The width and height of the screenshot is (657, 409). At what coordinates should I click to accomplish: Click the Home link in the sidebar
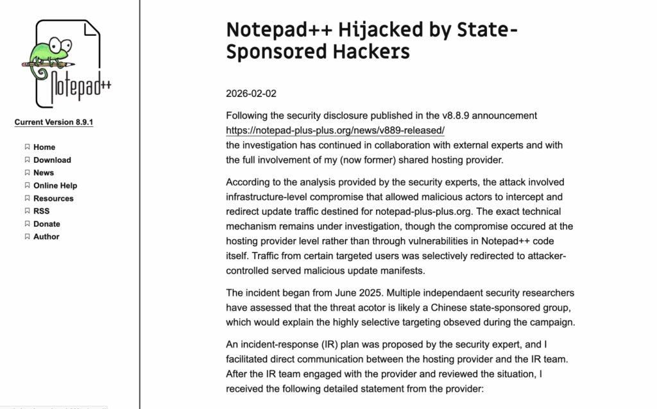point(44,147)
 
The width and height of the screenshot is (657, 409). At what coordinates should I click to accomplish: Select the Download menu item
point(52,160)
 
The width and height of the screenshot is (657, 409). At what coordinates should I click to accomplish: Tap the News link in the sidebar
point(44,172)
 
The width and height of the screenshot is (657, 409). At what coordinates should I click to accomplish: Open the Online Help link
point(55,185)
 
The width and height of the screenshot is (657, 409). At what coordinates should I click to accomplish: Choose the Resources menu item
point(53,198)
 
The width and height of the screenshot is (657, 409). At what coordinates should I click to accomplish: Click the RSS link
point(41,211)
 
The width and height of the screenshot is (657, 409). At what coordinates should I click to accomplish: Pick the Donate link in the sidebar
point(47,224)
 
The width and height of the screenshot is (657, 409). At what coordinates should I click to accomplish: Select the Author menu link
point(46,237)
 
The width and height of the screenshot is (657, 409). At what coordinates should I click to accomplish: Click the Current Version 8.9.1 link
point(54,122)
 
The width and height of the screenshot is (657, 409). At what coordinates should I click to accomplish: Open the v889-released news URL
point(336,130)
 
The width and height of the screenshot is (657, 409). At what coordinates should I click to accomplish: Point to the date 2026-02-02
point(251,94)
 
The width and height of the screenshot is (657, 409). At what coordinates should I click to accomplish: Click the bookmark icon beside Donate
point(27,224)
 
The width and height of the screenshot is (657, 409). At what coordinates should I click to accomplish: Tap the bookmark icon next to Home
point(27,147)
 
